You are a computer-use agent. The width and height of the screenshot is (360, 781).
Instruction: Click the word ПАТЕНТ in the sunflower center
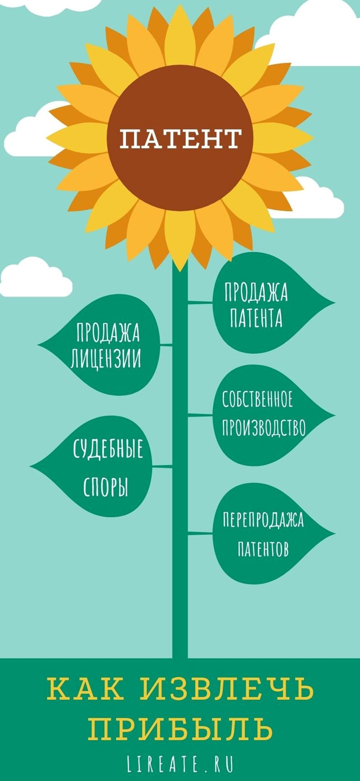click(x=180, y=139)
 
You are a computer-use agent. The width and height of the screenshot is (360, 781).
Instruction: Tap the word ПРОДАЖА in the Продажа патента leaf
click(x=256, y=293)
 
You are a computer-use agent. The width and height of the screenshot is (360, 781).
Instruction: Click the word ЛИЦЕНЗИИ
click(x=106, y=358)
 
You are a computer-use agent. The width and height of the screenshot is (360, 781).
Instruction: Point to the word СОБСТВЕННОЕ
click(x=257, y=399)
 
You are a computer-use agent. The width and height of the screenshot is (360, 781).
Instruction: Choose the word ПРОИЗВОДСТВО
click(x=263, y=427)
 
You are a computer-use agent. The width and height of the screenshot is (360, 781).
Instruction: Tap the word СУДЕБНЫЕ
click(x=108, y=449)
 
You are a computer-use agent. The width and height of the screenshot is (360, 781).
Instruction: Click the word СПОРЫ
click(x=106, y=487)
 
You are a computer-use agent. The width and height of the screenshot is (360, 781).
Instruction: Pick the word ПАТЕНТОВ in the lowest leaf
click(x=263, y=549)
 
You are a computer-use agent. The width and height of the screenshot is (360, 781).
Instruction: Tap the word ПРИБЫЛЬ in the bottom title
click(x=180, y=728)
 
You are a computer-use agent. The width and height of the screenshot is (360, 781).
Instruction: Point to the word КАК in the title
click(x=85, y=689)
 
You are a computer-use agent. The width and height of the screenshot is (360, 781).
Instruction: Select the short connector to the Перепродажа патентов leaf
click(x=200, y=533)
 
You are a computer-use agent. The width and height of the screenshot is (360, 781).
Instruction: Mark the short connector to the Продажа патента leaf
click(x=200, y=303)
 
